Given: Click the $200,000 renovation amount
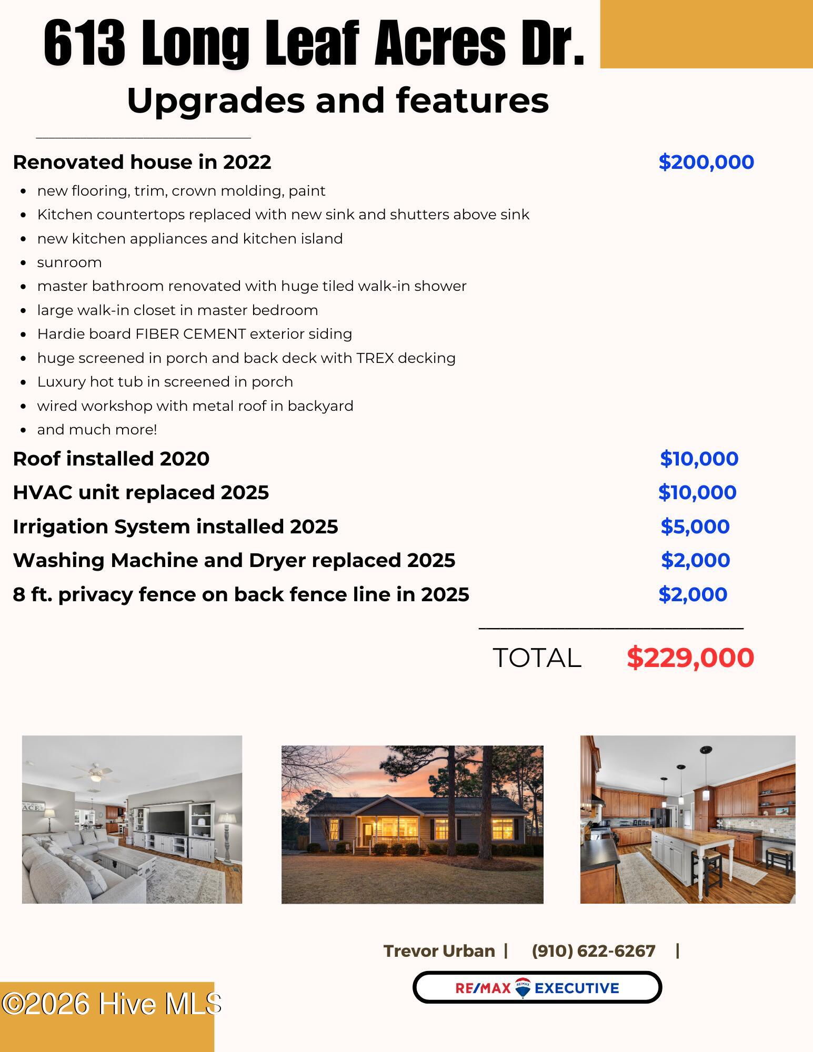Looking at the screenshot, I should (706, 162).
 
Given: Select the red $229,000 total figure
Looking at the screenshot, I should (690, 657).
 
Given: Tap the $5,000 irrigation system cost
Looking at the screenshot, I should (695, 527).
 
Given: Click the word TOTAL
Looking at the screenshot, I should (537, 658).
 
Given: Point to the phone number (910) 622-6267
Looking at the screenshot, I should (594, 951).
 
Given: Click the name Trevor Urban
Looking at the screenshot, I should (439, 951).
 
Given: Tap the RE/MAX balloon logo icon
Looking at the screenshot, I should (523, 988).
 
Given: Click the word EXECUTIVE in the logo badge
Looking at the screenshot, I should (577, 988).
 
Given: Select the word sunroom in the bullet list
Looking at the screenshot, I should (69, 262).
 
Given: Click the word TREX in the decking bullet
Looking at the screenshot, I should (375, 358).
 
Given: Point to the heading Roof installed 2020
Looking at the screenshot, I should (111, 459).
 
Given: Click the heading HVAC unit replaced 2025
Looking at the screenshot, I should (140, 492).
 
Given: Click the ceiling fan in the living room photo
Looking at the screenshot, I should (94, 771).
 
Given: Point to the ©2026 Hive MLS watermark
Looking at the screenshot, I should (111, 1004).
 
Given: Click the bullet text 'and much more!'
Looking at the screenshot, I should (97, 430).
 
